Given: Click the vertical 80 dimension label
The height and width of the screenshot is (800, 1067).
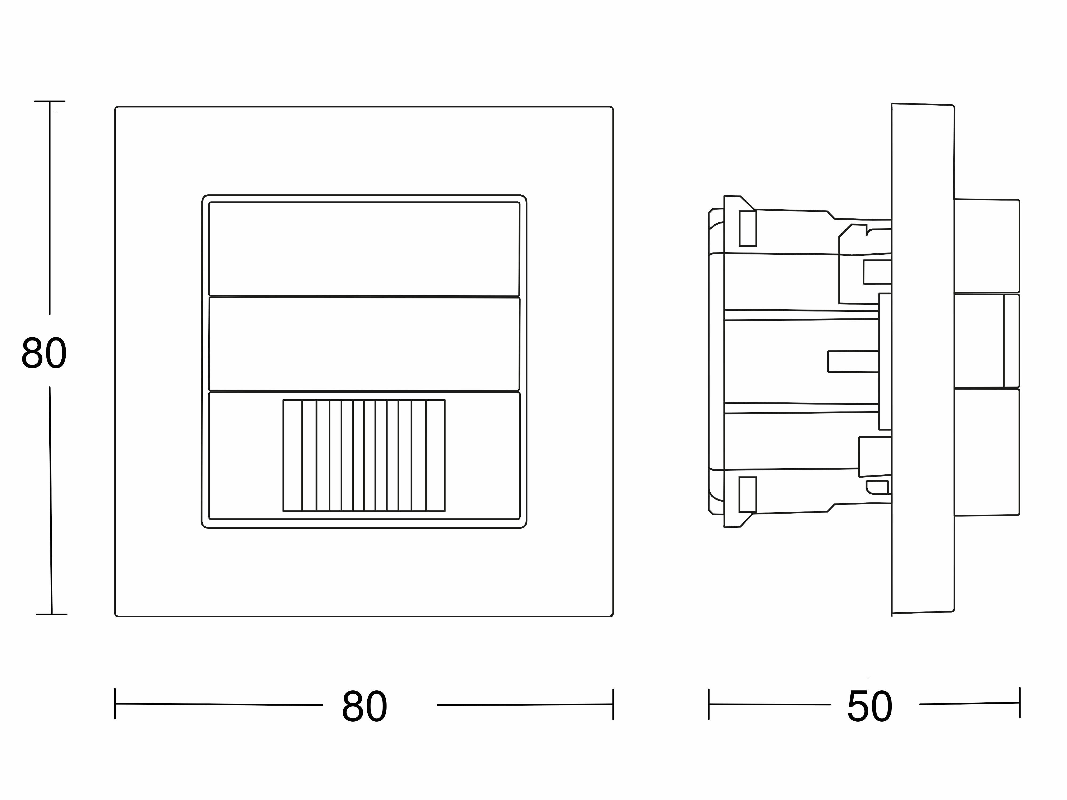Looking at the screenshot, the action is click(x=44, y=353).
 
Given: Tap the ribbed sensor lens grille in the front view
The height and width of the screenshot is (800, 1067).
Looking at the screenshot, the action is click(x=364, y=455).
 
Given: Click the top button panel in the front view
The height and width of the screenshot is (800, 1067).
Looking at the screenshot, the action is click(x=364, y=249).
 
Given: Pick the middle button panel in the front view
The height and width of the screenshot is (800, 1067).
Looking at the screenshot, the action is click(x=364, y=344).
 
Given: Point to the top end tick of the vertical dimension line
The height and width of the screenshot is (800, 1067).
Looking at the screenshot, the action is click(x=50, y=101).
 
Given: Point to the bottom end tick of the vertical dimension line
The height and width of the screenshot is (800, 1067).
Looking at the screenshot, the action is click(x=51, y=614).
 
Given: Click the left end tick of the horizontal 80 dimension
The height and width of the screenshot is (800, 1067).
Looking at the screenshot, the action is click(x=115, y=704).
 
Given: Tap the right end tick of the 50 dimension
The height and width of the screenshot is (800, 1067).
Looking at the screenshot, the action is click(x=1020, y=703).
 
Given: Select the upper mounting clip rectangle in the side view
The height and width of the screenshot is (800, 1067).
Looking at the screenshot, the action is click(x=748, y=228).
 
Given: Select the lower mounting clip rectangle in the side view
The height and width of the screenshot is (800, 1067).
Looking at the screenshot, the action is click(x=748, y=495).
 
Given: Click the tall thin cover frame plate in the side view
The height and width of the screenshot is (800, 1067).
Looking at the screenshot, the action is click(x=922, y=359).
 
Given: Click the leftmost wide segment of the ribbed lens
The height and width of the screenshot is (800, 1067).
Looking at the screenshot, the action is click(x=292, y=455).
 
